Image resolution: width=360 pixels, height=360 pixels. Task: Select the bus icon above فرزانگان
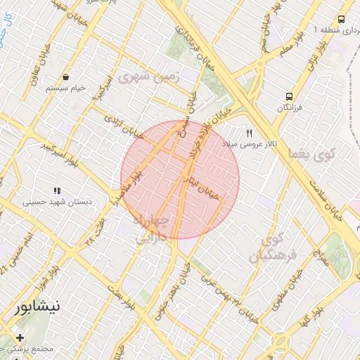coord(288,96)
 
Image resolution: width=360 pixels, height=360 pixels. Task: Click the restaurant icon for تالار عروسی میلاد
coord(248,133)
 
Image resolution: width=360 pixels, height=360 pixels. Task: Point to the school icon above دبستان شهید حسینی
coord(56,191)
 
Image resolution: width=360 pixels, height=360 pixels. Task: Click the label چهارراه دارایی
coord(148,229)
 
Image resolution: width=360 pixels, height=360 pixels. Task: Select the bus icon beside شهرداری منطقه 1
coord(342,20)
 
